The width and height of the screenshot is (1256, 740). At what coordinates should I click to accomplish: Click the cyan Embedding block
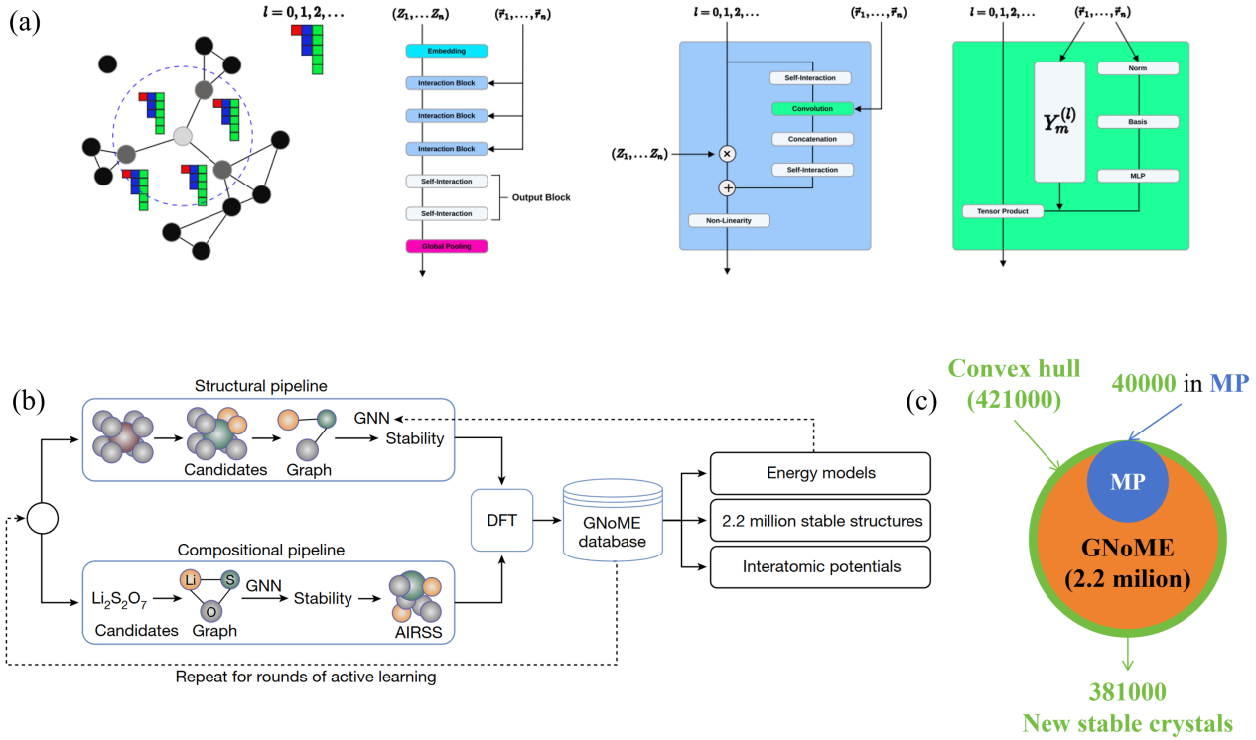click(447, 51)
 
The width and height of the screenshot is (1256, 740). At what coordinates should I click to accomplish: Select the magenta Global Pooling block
click(447, 246)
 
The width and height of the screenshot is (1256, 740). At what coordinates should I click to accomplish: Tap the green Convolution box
click(812, 109)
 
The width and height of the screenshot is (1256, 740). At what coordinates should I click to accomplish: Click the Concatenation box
click(812, 139)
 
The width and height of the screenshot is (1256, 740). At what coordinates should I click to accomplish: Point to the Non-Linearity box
click(729, 221)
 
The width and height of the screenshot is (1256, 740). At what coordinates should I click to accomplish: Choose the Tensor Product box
click(1003, 211)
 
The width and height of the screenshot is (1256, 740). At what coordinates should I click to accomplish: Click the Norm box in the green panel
click(1138, 68)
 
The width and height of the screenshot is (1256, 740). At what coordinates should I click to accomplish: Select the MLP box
click(1138, 176)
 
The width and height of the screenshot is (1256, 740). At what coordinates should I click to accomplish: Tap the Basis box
click(1138, 122)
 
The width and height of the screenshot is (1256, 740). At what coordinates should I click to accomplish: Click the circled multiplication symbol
click(727, 154)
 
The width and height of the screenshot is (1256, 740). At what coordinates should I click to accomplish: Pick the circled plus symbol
click(727, 188)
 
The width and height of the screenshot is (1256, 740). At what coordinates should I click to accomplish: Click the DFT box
click(501, 521)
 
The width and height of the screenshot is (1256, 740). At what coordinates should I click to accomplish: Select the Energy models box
click(820, 473)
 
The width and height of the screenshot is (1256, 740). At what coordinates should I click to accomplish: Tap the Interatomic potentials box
click(820, 567)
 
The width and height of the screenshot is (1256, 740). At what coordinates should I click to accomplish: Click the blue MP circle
click(1128, 482)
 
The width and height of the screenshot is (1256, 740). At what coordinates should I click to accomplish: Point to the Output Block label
click(541, 197)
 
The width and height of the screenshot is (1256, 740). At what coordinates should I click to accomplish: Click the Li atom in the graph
click(190, 580)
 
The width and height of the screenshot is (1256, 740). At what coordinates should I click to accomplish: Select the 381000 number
click(1128, 692)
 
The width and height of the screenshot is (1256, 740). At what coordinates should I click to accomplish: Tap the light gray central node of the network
click(183, 136)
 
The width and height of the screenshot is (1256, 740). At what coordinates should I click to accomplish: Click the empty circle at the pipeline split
click(43, 518)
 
